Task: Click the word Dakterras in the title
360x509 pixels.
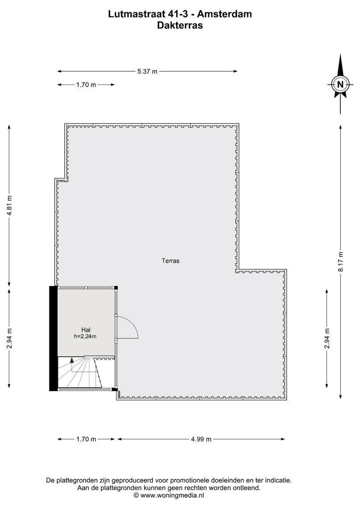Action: (x=180, y=26)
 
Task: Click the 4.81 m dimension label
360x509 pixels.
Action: (x=9, y=205)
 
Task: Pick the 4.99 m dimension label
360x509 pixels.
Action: (x=201, y=439)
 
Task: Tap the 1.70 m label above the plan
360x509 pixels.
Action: (x=86, y=85)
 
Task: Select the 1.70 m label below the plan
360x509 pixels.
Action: (x=86, y=439)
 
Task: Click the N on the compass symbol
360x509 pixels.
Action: (x=340, y=84)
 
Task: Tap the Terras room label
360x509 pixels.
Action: (x=171, y=260)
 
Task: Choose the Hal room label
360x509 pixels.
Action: (x=85, y=330)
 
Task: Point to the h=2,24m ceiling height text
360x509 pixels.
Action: (x=85, y=337)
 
